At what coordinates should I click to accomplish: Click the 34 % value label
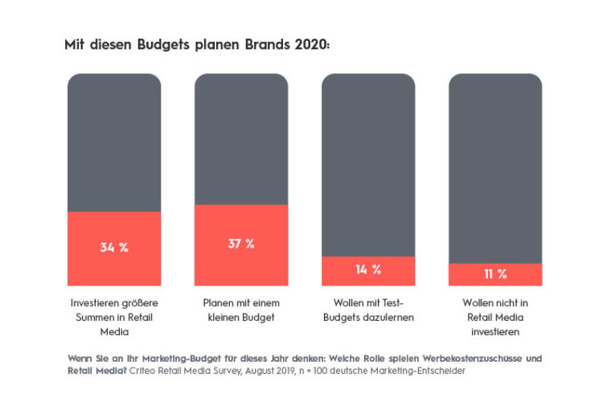[x=114, y=248]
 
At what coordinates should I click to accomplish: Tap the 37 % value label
[x=241, y=244]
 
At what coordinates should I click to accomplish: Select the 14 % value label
[x=368, y=270]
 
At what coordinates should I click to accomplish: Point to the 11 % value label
[x=495, y=274]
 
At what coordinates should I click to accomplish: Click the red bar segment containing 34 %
[x=114, y=265]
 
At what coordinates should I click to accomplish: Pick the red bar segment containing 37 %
[x=241, y=265]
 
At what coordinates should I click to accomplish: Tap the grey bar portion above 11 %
[x=495, y=169]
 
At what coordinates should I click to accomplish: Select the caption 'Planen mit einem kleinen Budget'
[x=241, y=310]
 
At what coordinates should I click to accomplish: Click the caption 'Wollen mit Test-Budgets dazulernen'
[x=368, y=310]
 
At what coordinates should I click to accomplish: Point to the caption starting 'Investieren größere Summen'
[x=114, y=316]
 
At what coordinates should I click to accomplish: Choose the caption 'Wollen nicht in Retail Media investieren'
[x=495, y=316]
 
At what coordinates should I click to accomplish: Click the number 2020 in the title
[x=312, y=46]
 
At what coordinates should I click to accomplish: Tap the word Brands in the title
[x=264, y=46]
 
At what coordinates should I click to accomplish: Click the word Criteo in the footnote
[x=148, y=371]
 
